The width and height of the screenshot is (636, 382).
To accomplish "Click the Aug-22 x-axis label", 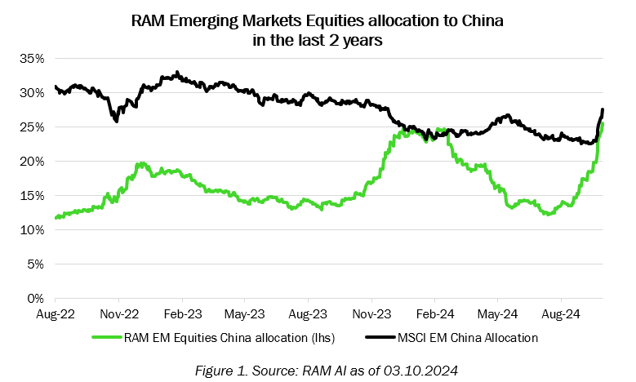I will pos(56,313).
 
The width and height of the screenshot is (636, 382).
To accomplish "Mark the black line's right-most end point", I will pos(603,109).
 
